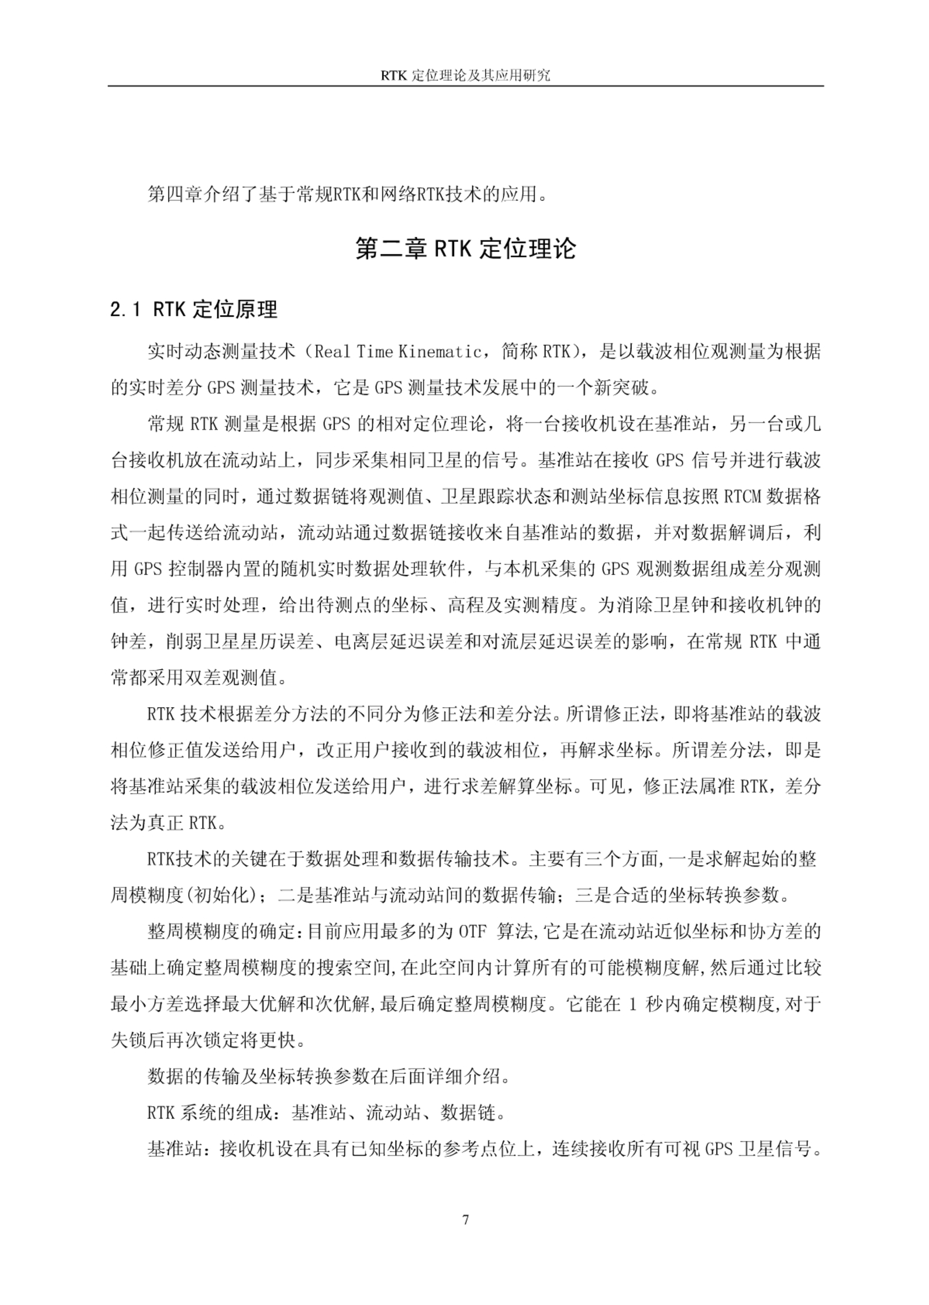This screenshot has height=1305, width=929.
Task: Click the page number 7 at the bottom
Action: point(465,1220)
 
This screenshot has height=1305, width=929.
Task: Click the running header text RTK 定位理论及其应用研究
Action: point(465,76)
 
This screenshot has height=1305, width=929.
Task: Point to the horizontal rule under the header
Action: point(465,87)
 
